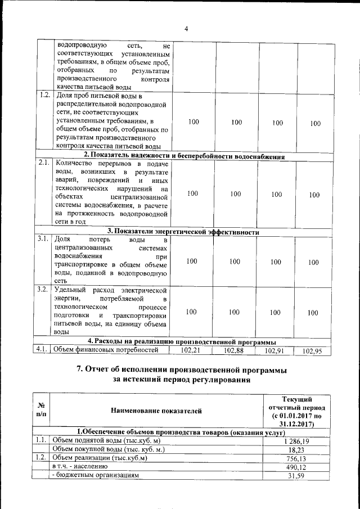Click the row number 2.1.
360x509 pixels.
(x=43, y=163)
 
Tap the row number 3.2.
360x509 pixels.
(x=42, y=289)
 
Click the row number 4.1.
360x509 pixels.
(x=42, y=349)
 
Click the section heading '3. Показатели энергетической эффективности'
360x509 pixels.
(x=183, y=232)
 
